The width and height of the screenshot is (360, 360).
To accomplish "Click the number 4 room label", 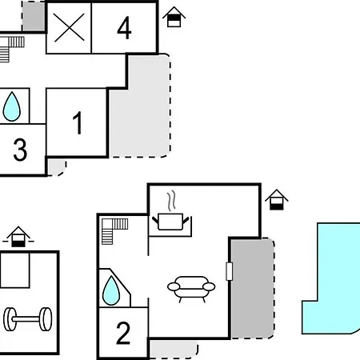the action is pyautogui.click(x=124, y=28).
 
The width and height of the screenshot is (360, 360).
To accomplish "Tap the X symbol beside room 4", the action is pyautogui.click(x=69, y=28).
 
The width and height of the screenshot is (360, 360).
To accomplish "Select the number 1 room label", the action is pyautogui.click(x=78, y=122).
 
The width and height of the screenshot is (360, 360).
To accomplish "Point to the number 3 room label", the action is pyautogui.click(x=20, y=150).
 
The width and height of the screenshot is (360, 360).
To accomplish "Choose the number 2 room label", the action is pyautogui.click(x=123, y=333).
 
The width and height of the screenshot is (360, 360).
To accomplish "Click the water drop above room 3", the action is pyautogui.click(x=12, y=106).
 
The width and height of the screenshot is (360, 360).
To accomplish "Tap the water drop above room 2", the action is pyautogui.click(x=111, y=290).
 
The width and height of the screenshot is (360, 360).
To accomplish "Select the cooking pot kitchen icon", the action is pyautogui.click(x=170, y=222).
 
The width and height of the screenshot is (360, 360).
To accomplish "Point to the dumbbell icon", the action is pyautogui.click(x=28, y=319).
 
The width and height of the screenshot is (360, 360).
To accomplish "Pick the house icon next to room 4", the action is pyautogui.click(x=174, y=17).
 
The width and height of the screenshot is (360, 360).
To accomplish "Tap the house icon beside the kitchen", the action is pyautogui.click(x=277, y=199).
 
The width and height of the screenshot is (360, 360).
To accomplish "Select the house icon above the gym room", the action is pyautogui.click(x=18, y=237).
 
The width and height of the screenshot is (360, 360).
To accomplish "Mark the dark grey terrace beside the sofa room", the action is pyautogui.click(x=252, y=288).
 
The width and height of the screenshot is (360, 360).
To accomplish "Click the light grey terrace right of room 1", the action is pyautogui.click(x=144, y=112).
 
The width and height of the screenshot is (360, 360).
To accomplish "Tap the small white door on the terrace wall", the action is pyautogui.click(x=229, y=271).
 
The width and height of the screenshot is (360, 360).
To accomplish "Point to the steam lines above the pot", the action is pyautogui.click(x=172, y=201).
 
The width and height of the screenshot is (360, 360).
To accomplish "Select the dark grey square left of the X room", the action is pyautogui.click(x=34, y=17).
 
